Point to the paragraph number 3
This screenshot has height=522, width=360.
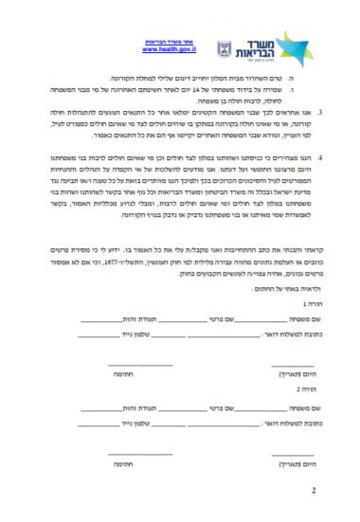320,112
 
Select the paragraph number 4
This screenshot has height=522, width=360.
320,158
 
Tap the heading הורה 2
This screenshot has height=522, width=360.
301,389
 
